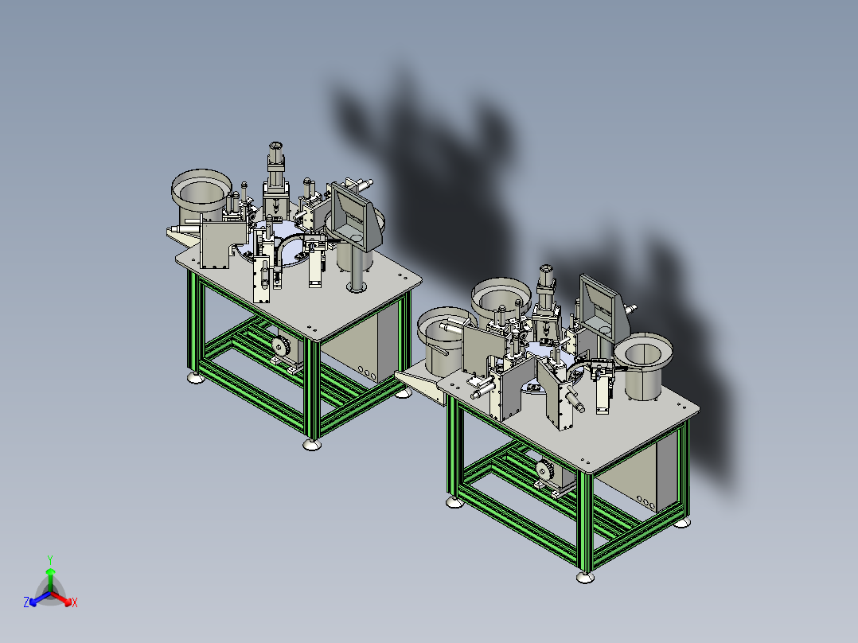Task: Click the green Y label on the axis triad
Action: point(50,559)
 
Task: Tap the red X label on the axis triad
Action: point(75,602)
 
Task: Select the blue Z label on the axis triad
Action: point(26,602)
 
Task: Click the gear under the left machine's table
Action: point(281,346)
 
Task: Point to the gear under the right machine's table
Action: point(544,470)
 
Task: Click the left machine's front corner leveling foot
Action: point(312,444)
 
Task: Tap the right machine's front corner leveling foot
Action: point(585,577)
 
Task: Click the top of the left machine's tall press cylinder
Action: point(275,146)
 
